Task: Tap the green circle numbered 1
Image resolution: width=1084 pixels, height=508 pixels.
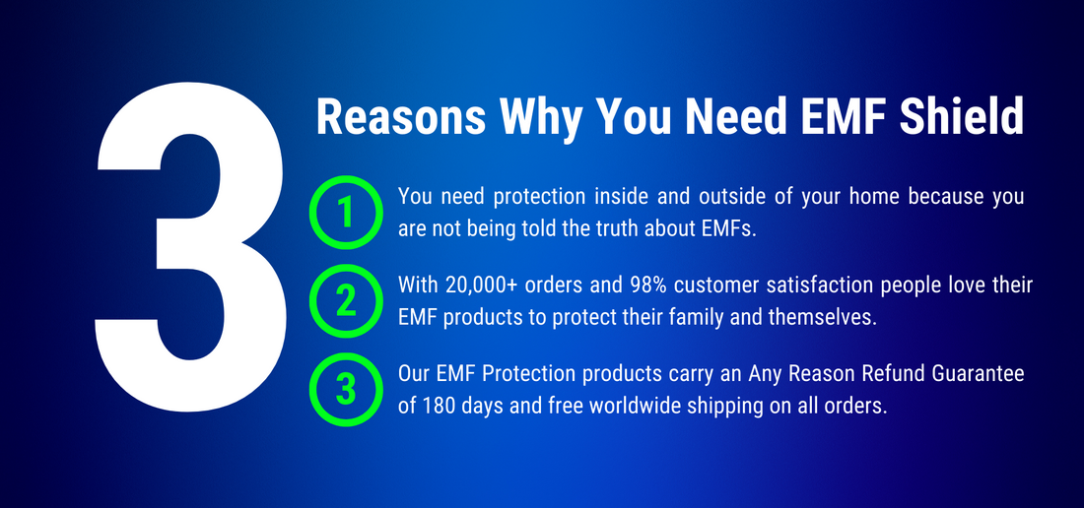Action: tap(345, 212)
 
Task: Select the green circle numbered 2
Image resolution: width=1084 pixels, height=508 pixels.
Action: tap(345, 300)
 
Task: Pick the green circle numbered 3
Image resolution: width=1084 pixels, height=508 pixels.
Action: tap(345, 389)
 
